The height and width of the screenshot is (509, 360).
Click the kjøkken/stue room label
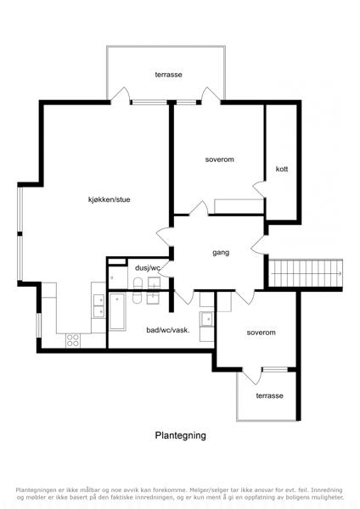coord(110,199)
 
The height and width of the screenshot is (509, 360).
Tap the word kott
coord(282,169)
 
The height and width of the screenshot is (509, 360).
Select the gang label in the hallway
coord(221,253)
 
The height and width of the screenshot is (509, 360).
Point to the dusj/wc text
coord(148,268)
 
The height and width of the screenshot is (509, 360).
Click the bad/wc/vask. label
coord(168,330)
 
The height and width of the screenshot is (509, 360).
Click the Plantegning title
coord(180,435)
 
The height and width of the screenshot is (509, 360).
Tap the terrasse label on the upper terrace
coord(168,75)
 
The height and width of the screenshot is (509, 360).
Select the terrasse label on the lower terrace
coord(269,395)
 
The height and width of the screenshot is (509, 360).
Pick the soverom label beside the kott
coord(220,159)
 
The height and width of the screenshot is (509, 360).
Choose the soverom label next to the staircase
coord(261,333)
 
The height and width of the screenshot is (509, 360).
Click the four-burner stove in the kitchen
coord(73,340)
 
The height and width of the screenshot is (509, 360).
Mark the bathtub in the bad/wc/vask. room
coord(118,311)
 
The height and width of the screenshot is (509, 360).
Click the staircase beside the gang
coord(306,273)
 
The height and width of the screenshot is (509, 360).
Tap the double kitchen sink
coord(98,305)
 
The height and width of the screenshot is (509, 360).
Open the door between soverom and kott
coord(259,189)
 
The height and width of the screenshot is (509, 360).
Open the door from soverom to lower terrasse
coord(252,376)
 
